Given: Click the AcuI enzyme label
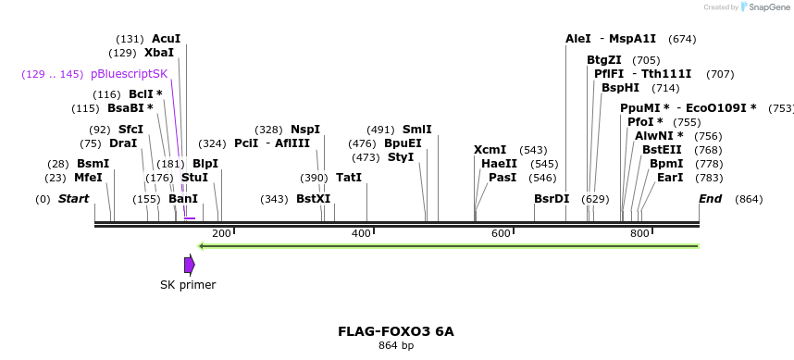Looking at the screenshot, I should [x=167, y=39].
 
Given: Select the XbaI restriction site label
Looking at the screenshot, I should [x=159, y=53].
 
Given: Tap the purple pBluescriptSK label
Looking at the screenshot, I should [x=130, y=74].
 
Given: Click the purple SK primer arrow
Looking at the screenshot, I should [x=189, y=265].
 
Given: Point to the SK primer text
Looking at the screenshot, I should [x=188, y=285].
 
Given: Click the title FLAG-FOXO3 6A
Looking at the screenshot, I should [x=396, y=331].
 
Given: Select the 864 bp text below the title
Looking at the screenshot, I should [x=396, y=346].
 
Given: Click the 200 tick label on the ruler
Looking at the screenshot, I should [x=221, y=233].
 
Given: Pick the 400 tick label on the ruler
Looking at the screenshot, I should [x=361, y=233].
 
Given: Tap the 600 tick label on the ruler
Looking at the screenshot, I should [x=501, y=233].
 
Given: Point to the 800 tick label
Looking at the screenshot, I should [x=639, y=233].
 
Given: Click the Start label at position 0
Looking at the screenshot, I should [x=74, y=199].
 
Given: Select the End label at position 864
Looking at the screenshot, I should [x=711, y=199].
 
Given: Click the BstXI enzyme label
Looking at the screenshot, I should [x=313, y=199].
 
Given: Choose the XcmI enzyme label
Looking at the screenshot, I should [x=490, y=150].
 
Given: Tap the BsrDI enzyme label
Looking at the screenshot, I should [x=552, y=199].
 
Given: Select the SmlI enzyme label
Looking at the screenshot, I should [x=417, y=130].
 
